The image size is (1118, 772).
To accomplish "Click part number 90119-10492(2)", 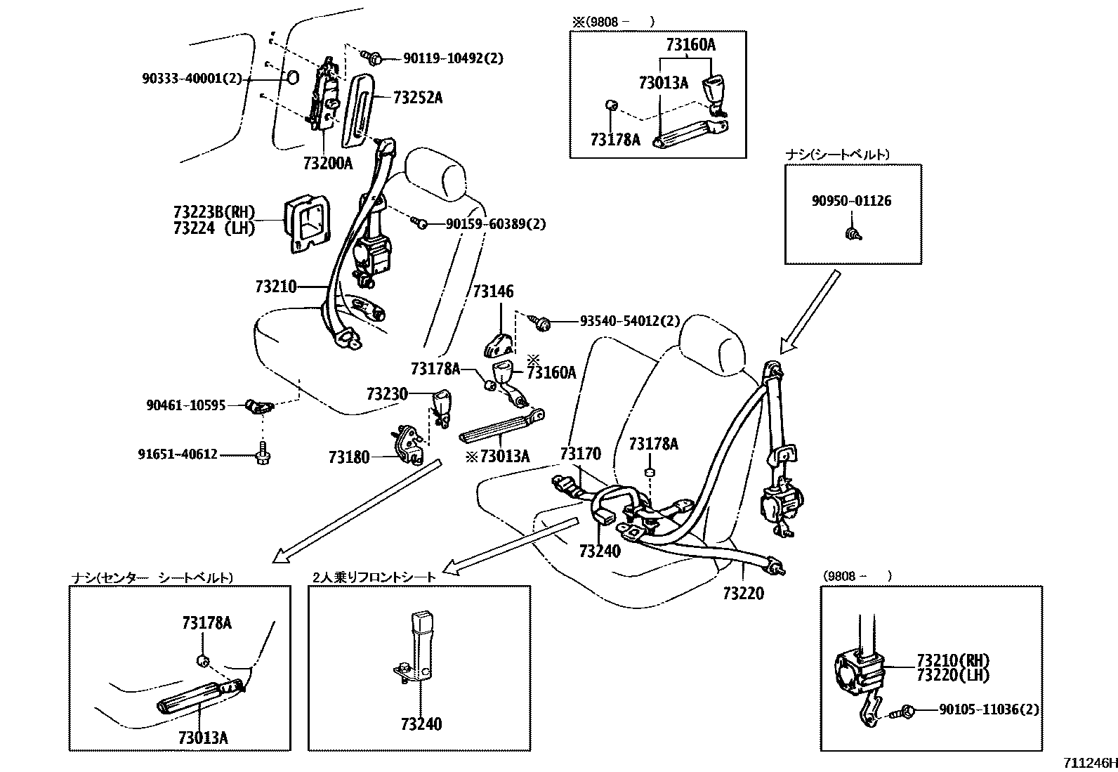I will pos(452,58).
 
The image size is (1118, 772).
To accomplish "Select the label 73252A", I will pos(417,98).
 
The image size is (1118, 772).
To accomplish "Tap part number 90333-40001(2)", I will pos(192,79).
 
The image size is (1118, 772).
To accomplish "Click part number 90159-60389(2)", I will pos(496,224).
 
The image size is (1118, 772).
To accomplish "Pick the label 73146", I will pos(493,292).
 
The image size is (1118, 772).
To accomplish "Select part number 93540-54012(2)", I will pos(630,321).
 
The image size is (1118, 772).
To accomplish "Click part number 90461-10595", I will pos(185,405).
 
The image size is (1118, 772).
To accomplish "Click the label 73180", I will pos(348,457).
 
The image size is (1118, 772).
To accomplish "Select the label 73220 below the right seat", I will pos(743,594).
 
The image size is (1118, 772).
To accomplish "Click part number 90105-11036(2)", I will pos(988,710).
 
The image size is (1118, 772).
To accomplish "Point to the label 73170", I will pos(580,454).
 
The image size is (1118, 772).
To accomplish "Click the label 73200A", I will pos(328,164).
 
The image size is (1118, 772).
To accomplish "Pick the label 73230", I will pos(386,393).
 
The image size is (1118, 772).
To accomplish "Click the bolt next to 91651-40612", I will pos(265,455).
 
